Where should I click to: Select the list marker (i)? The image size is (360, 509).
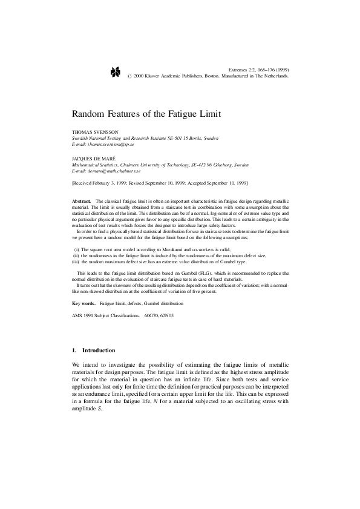pyautogui.click(x=76, y=249)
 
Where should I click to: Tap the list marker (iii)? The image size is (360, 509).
pyautogui.click(x=75, y=261)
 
